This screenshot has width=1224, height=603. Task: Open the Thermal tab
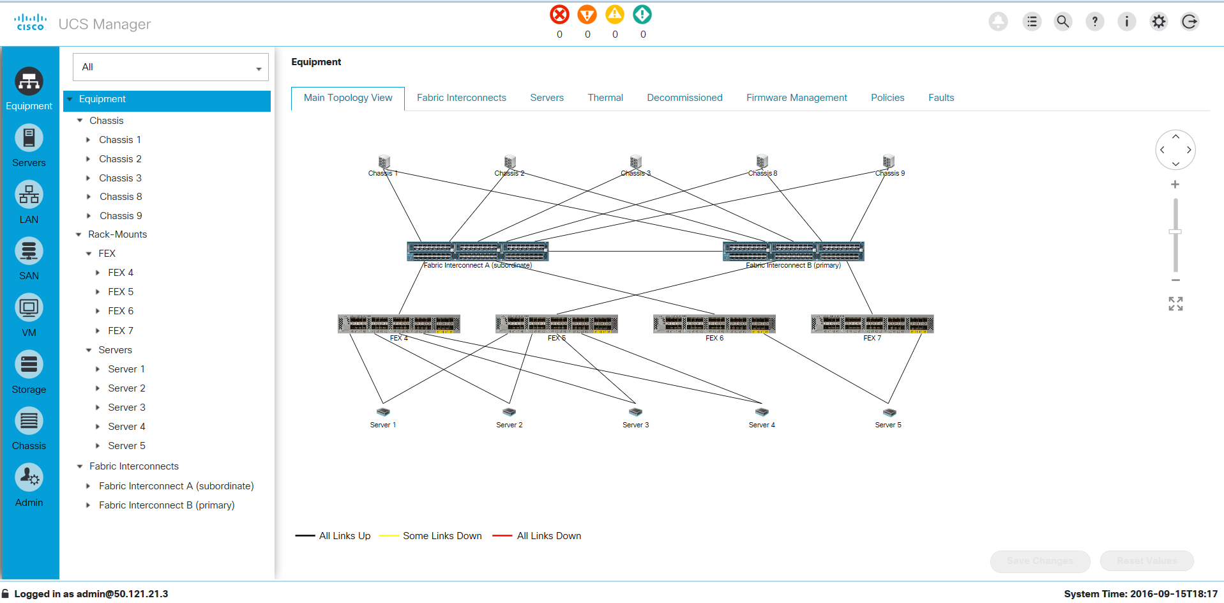pyautogui.click(x=605, y=98)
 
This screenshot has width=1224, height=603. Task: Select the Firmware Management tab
pyautogui.click(x=796, y=98)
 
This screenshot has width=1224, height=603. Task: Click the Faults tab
pyautogui.click(x=941, y=98)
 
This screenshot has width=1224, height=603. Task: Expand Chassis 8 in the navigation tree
pyautogui.click(x=89, y=197)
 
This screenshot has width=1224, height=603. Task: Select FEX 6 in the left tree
pyautogui.click(x=121, y=311)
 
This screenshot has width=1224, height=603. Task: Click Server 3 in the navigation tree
pyautogui.click(x=126, y=408)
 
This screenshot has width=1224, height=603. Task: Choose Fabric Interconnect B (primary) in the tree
pyautogui.click(x=167, y=505)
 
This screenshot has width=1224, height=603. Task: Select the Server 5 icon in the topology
pyautogui.click(x=889, y=413)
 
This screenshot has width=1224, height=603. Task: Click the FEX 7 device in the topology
pyautogui.click(x=872, y=324)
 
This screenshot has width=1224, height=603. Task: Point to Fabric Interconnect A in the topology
pyautogui.click(x=478, y=251)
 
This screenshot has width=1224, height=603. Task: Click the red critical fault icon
pyautogui.click(x=559, y=15)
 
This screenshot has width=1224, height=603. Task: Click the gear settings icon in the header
pyautogui.click(x=1158, y=22)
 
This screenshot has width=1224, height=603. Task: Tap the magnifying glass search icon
pyautogui.click(x=1062, y=22)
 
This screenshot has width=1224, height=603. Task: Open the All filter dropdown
pyautogui.click(x=170, y=67)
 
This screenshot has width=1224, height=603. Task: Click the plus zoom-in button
pyautogui.click(x=1175, y=185)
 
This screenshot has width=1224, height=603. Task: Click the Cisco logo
pyautogui.click(x=31, y=22)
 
